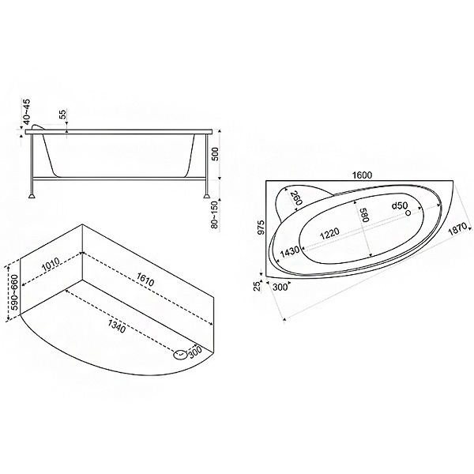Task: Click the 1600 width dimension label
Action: [362, 175]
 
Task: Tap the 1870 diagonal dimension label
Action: [458, 229]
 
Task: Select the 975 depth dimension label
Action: [261, 227]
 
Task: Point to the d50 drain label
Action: [399, 206]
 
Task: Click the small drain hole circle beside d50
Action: [408, 213]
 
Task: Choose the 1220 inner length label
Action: [329, 233]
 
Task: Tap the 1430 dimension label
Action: [289, 252]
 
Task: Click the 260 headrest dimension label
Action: [295, 198]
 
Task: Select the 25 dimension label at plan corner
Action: [257, 285]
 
